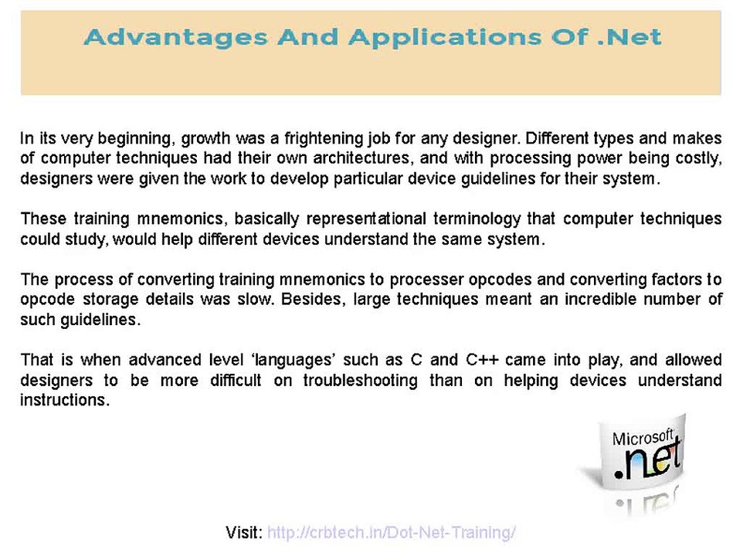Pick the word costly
[696, 159]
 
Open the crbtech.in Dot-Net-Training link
[391, 532]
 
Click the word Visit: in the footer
[244, 532]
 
